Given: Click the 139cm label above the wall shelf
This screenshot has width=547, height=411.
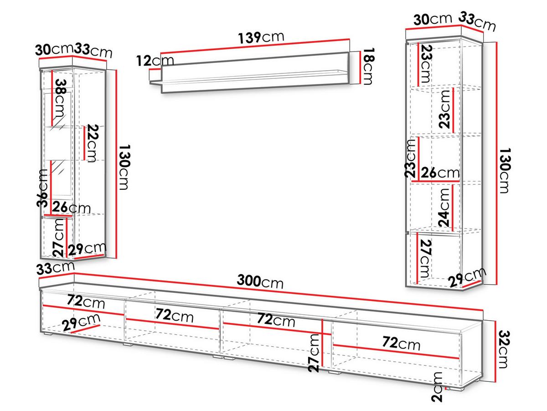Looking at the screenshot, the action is (261, 37).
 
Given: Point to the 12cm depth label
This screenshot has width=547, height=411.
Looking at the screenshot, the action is (155, 61).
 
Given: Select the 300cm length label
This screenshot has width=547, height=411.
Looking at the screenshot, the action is (260, 281).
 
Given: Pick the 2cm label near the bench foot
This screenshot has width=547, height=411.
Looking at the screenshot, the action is (437, 386).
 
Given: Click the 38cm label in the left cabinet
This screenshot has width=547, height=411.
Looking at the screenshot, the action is (60, 98).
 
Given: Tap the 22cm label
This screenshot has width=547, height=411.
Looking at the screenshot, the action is (93, 143).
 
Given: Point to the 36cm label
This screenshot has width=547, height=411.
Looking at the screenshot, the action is (42, 188).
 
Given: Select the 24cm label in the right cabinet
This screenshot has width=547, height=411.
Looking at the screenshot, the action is (444, 208).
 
